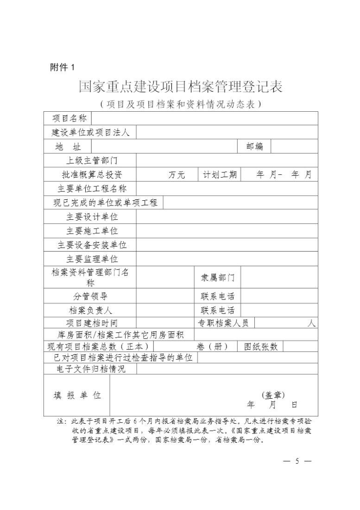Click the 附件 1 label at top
(62, 68)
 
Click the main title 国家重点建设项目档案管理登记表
(180, 87)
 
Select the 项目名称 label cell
(69, 118)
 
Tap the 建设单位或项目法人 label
(90, 133)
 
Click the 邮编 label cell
(254, 147)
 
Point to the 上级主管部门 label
(92, 160)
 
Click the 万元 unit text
(177, 175)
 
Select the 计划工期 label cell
(220, 174)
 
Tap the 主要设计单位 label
(92, 217)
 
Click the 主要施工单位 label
(92, 231)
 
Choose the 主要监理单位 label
(92, 259)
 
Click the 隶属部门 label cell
(217, 277)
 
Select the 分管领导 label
(90, 296)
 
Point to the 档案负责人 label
(90, 310)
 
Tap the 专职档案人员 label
(223, 323)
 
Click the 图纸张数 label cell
(260, 346)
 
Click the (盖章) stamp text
(273, 395)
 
